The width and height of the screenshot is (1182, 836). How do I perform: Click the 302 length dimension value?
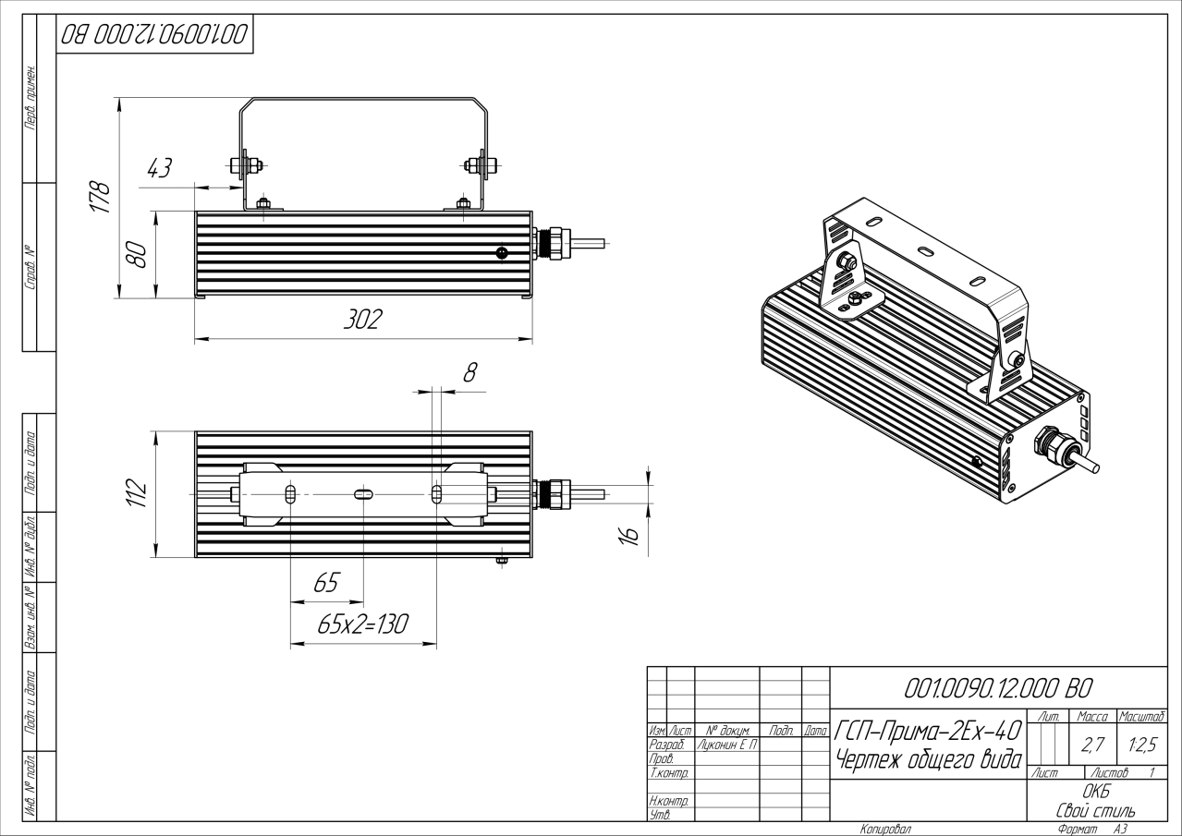tap(362, 320)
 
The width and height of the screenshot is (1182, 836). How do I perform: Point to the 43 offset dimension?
tap(159, 168)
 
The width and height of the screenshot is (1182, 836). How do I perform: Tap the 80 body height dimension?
tap(137, 254)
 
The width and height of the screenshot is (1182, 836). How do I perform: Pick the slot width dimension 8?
tap(469, 372)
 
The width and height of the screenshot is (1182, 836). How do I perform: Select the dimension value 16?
tap(628, 534)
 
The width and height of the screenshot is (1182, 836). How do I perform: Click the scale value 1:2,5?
tap(1140, 745)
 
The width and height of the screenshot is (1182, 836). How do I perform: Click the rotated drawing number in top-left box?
tap(154, 35)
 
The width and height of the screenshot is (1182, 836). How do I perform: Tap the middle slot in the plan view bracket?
tap(362, 494)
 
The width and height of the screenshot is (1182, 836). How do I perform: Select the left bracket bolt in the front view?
tap(244, 166)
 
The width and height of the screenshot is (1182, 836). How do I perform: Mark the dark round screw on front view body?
tap(502, 252)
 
